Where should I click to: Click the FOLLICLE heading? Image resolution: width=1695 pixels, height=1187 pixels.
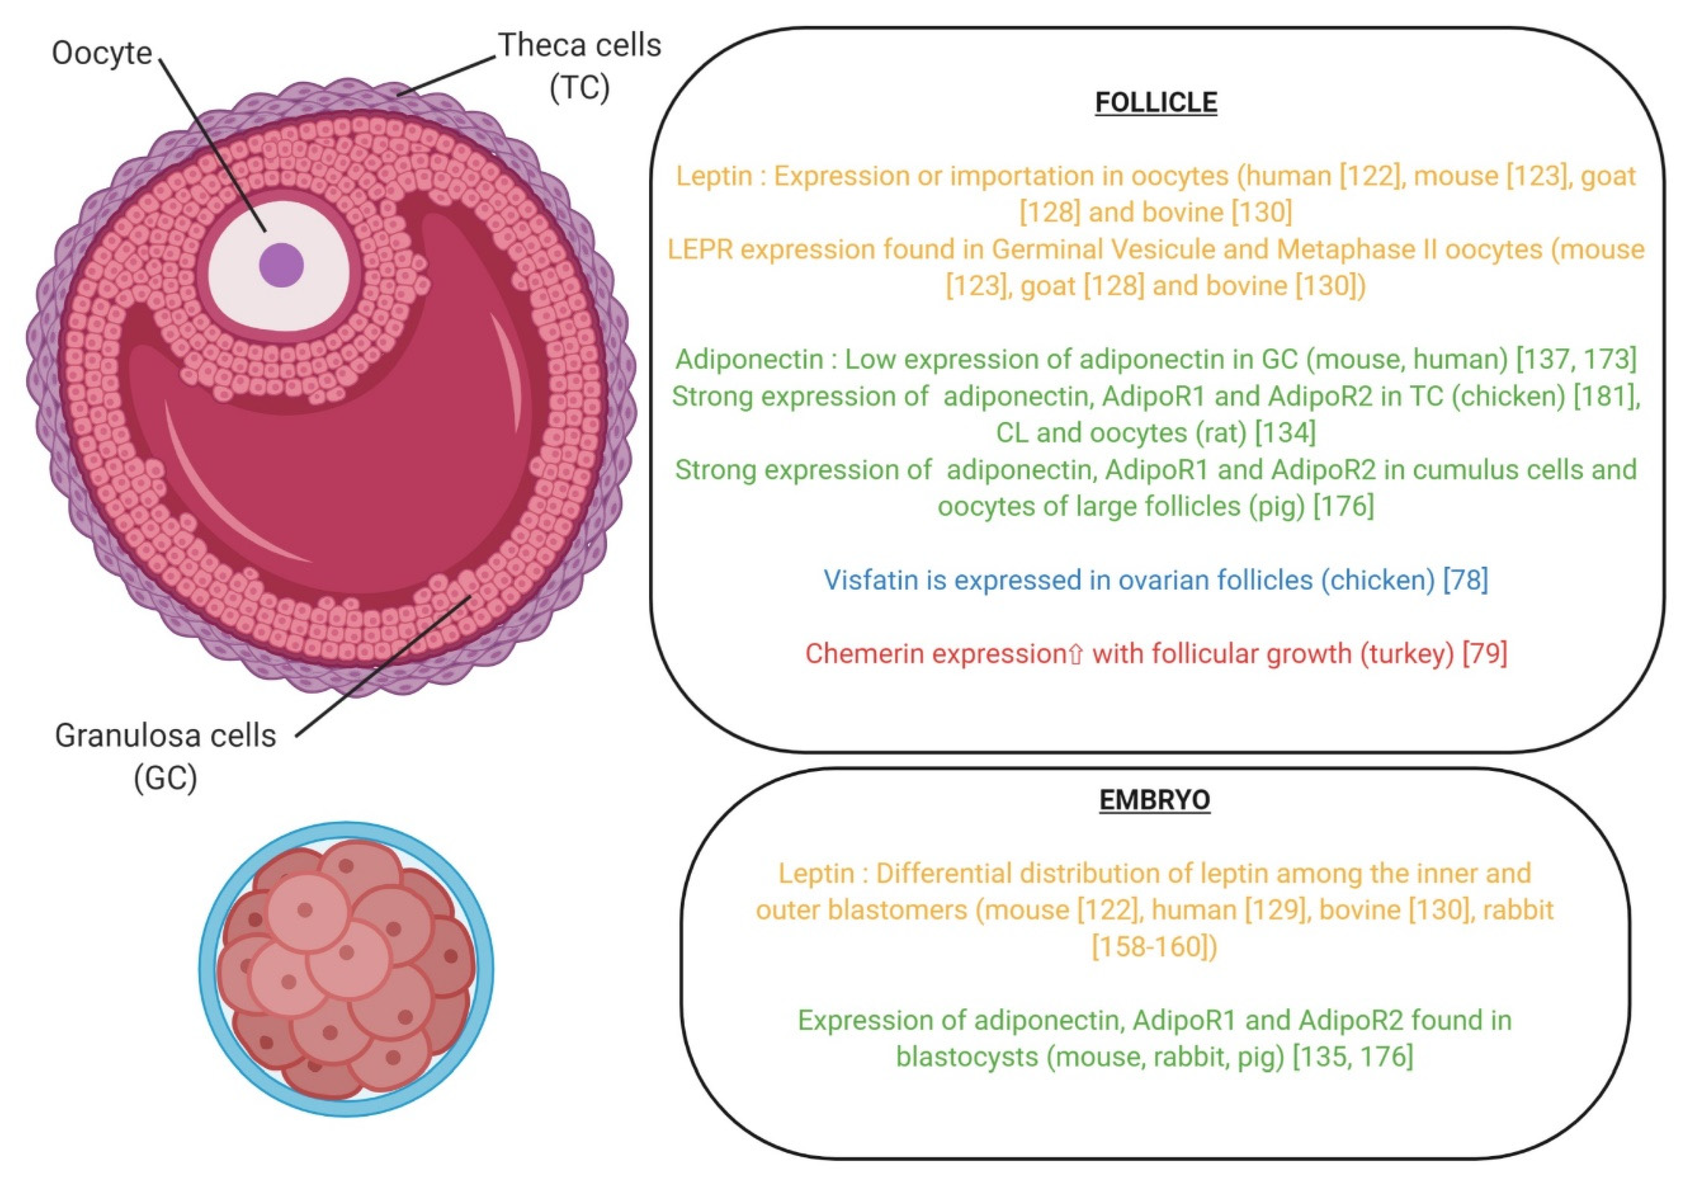click(1155, 103)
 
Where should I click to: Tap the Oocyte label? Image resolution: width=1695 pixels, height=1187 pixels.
click(102, 53)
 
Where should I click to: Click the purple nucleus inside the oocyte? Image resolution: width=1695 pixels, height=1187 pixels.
click(281, 264)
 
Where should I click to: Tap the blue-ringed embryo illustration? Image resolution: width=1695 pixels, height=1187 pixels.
click(346, 969)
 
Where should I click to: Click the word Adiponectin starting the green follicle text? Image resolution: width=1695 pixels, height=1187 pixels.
click(749, 360)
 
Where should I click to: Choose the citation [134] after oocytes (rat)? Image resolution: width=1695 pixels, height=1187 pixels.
click(1285, 433)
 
